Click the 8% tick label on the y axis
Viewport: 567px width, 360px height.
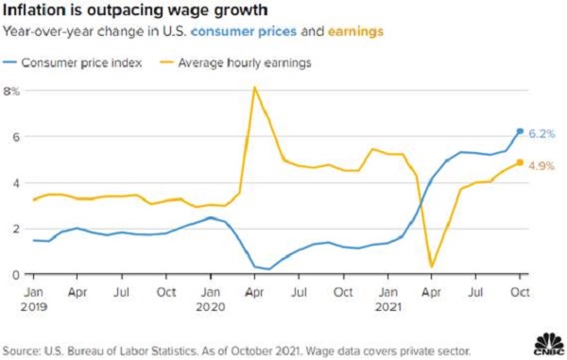[10, 92]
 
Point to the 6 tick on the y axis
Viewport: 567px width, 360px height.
[15, 137]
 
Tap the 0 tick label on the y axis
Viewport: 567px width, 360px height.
[15, 275]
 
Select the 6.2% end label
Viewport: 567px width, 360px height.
[541, 134]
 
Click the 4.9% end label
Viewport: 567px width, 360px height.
[541, 166]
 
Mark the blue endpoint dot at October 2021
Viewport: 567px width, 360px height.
[520, 131]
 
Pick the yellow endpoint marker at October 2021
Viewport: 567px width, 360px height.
[520, 163]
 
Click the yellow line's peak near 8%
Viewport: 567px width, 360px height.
[255, 88]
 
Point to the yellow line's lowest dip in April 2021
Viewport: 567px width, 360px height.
[432, 266]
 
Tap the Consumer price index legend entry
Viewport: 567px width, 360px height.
[73, 63]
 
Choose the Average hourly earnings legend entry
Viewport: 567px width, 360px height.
[235, 63]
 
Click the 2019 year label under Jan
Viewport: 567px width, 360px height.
[34, 307]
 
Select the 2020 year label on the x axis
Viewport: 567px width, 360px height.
[211, 307]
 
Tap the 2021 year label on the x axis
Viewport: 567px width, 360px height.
[388, 307]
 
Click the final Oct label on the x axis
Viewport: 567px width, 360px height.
[520, 292]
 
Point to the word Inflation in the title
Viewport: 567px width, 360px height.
[34, 10]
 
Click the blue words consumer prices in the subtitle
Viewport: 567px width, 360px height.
[244, 31]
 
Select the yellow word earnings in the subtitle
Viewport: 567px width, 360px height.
[355, 31]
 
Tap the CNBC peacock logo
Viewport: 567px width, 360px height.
[549, 344]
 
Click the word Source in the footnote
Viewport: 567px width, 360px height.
[21, 351]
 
